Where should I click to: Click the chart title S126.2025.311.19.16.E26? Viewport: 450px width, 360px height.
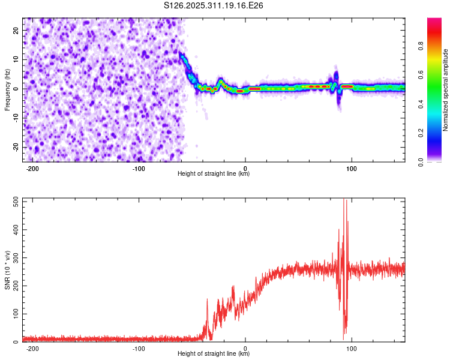(214, 5)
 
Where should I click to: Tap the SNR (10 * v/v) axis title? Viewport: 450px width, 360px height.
(7, 271)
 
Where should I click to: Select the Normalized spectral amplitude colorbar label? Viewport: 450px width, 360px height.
(445, 90)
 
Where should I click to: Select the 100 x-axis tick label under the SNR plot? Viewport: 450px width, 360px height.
(352, 348)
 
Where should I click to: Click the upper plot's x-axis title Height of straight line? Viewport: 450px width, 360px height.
(214, 174)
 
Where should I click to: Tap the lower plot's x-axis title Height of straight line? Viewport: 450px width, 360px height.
(214, 354)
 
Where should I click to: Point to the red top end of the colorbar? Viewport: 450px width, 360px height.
(434, 20)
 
